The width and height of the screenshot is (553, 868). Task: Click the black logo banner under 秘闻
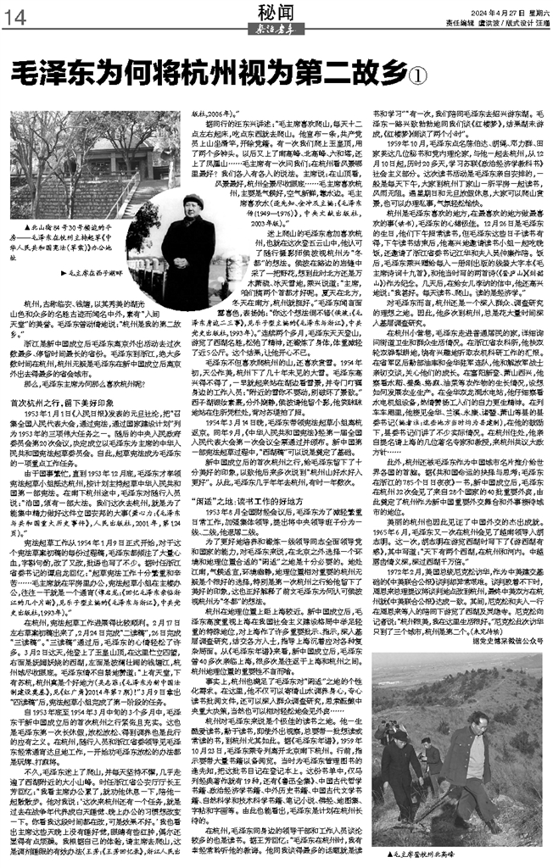pos(276,26)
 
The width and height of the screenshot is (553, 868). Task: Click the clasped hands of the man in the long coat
pos(187,253)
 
